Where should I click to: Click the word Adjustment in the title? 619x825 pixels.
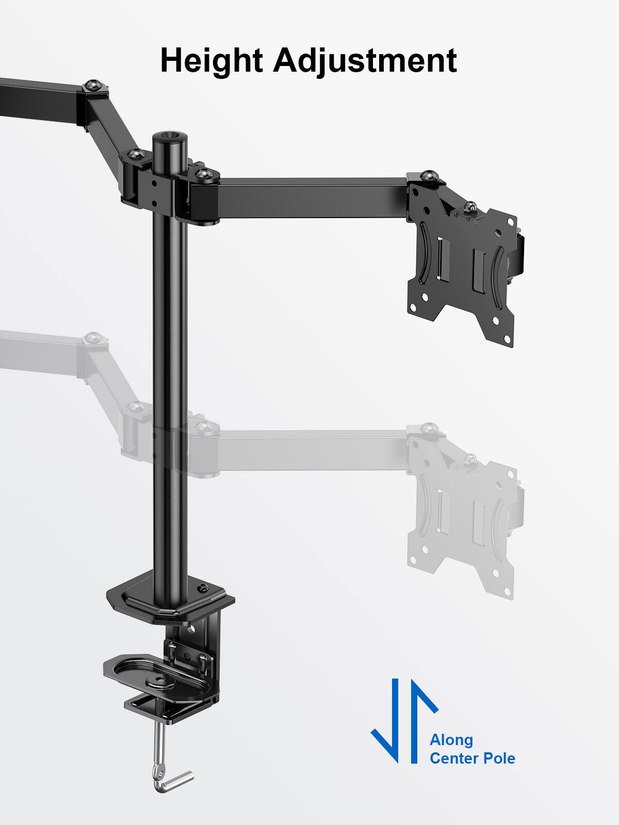[365, 61]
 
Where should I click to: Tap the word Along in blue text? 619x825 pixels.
[451, 740]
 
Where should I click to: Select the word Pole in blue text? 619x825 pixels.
[497, 758]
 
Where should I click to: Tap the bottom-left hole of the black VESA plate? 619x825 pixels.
[426, 298]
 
